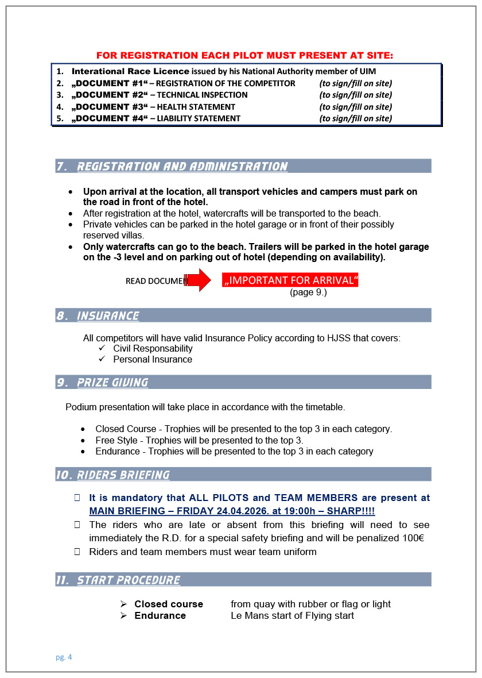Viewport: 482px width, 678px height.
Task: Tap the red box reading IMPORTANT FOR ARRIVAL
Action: [x=290, y=280]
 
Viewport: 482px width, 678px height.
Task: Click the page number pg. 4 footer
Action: [x=64, y=657]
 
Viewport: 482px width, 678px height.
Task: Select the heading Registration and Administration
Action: [x=182, y=167]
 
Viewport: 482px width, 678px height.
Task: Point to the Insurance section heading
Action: [x=108, y=316]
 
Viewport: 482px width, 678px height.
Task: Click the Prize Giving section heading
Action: [x=112, y=383]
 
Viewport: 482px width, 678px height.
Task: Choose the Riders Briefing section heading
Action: [x=123, y=475]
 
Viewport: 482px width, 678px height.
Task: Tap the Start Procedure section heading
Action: [x=129, y=580]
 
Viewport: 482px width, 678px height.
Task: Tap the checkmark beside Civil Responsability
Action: [x=102, y=348]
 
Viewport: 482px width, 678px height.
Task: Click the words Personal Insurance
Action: [x=153, y=360]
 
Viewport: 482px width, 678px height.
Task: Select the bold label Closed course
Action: [x=169, y=604]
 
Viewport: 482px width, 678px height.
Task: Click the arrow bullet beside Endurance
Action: [x=123, y=615]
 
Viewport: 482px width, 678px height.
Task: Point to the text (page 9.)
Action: [x=308, y=292]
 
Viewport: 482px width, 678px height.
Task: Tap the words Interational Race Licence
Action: [x=130, y=71]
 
